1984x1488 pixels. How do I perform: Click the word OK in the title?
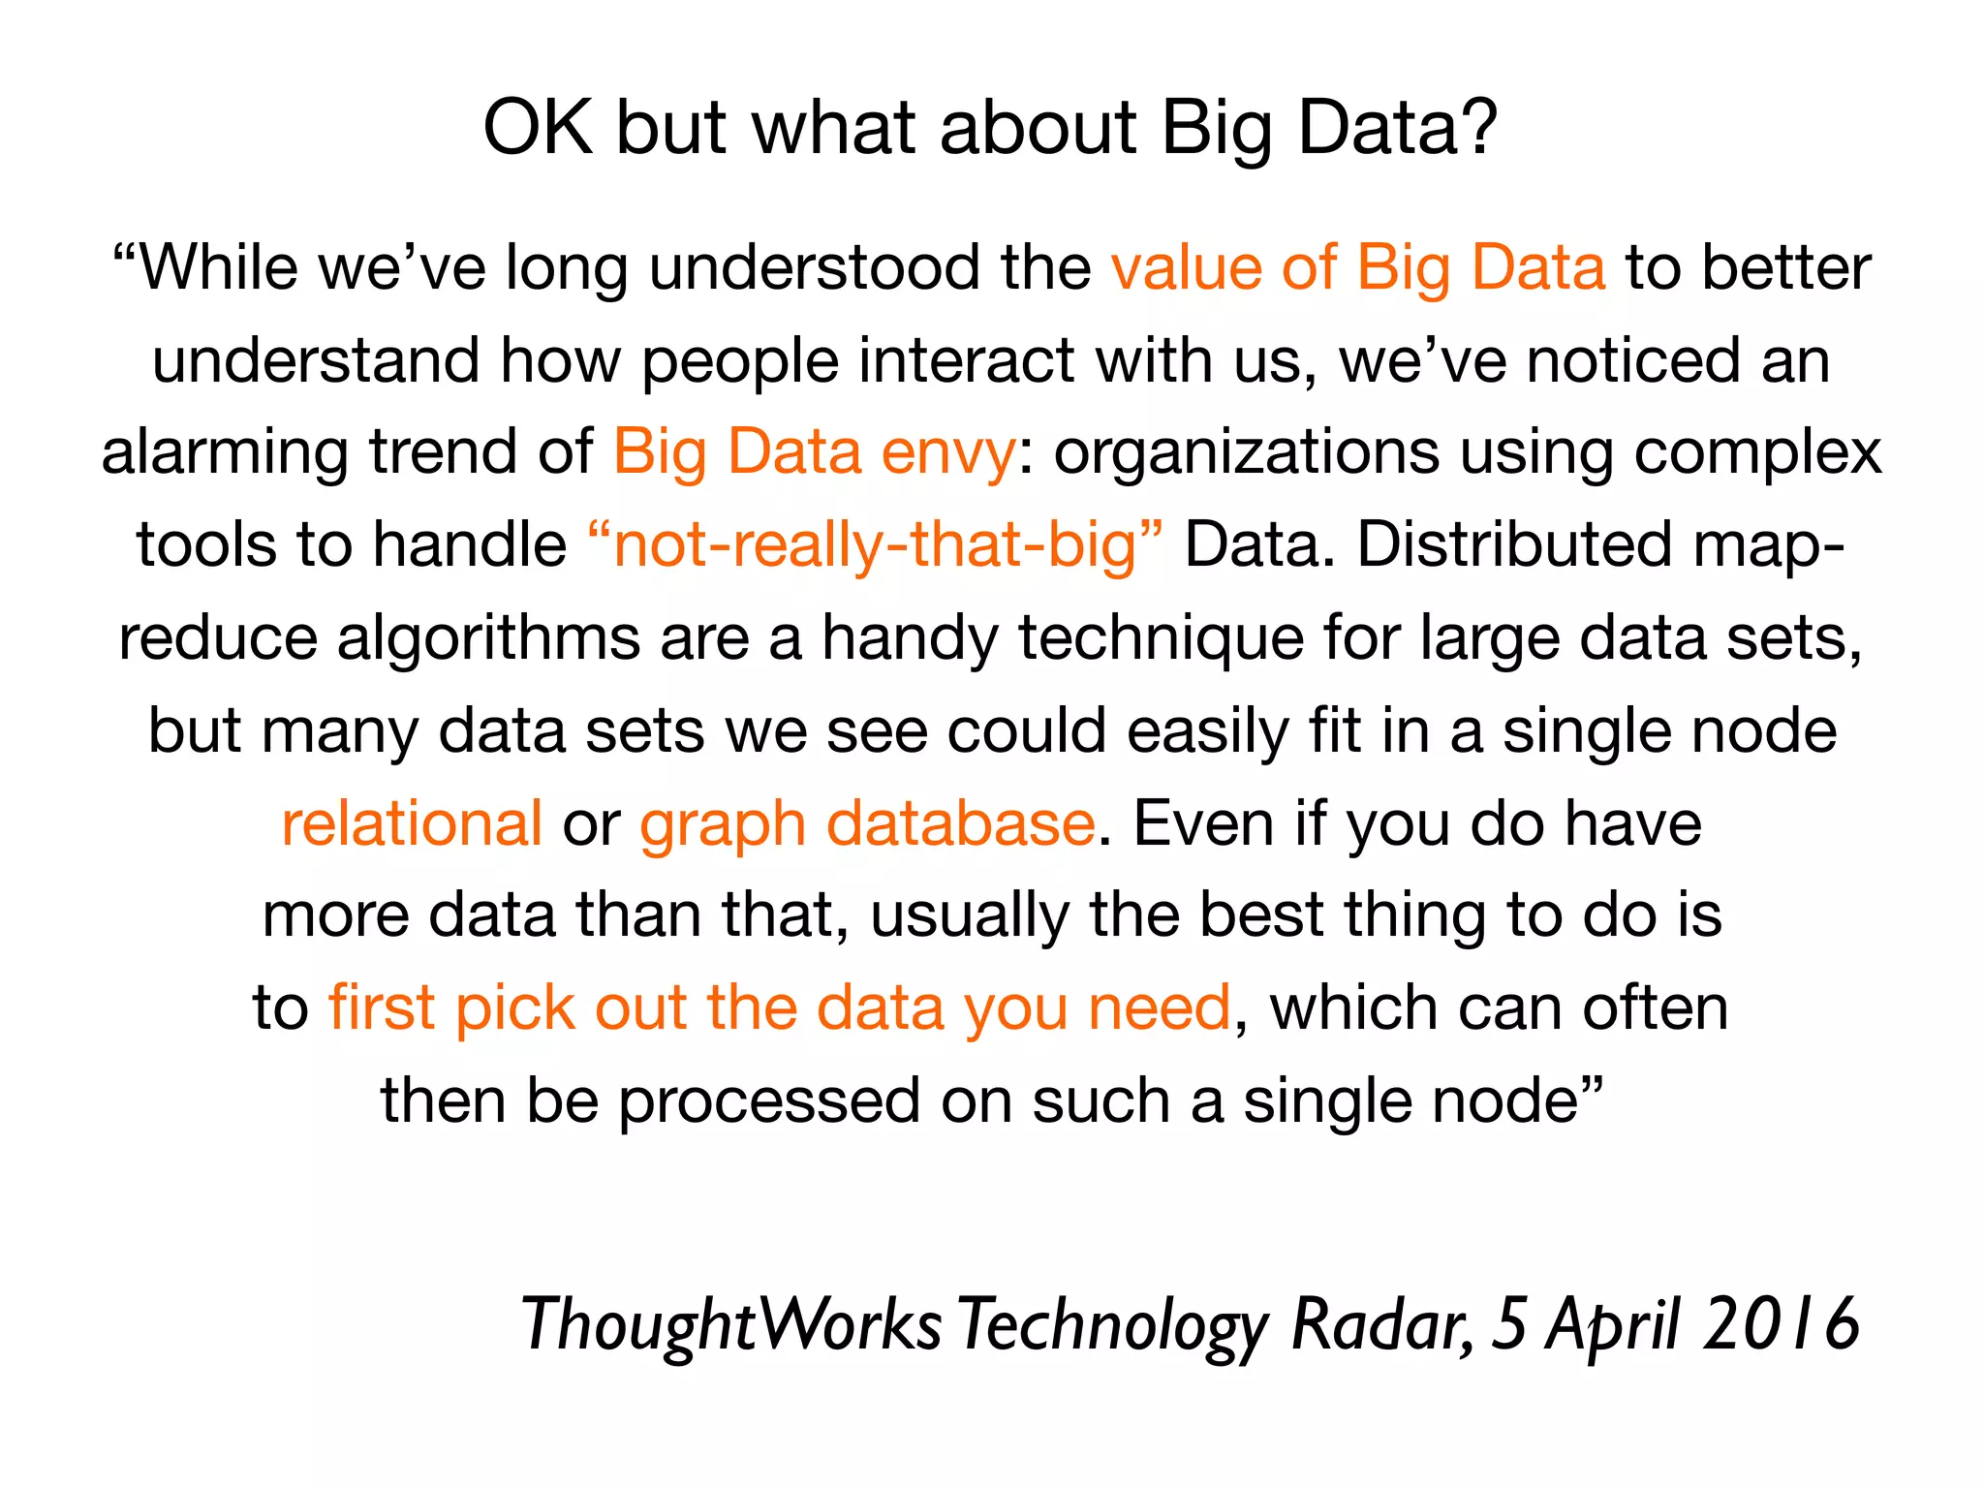point(538,128)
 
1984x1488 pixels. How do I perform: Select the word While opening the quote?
point(218,267)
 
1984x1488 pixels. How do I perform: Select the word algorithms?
point(488,638)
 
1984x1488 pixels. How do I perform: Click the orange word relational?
point(412,823)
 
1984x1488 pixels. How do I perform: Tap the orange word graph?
point(723,825)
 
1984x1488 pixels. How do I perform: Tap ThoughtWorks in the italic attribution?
point(731,1324)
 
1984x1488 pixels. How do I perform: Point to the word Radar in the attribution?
point(1381,1324)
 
